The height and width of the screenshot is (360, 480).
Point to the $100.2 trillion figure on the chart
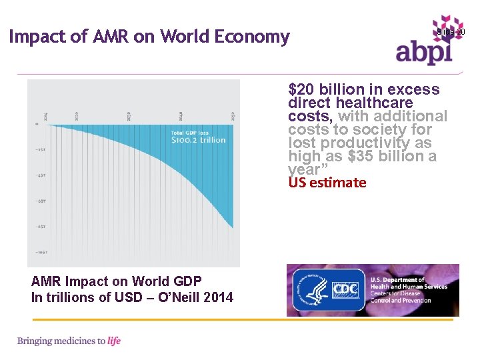[x=199, y=140]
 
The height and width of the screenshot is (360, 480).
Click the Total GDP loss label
[x=190, y=133]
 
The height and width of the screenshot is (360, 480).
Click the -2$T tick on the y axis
[x=40, y=149]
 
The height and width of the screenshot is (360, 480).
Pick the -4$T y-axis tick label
[x=40, y=175]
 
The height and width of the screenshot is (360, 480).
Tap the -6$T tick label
[x=40, y=201]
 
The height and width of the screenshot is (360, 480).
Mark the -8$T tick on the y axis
[x=40, y=227]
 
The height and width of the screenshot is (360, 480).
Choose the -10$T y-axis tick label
[x=41, y=253]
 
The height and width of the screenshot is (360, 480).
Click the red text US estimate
[x=327, y=183]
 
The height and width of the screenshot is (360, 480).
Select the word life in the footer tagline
[x=114, y=341]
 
